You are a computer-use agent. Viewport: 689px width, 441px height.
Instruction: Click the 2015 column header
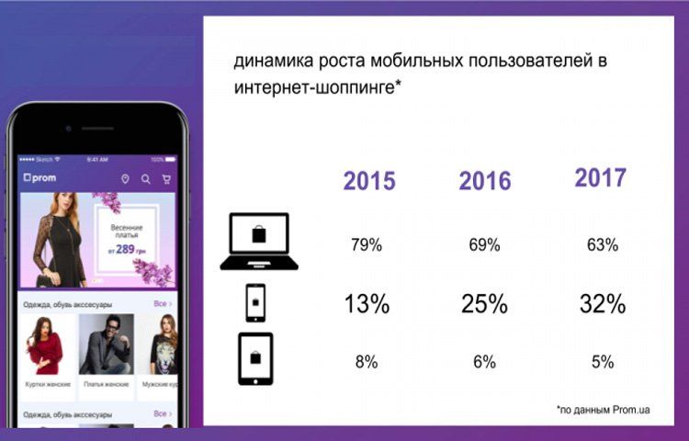pyautogui.click(x=369, y=181)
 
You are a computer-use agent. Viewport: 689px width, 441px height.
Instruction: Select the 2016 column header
pyautogui.click(x=484, y=181)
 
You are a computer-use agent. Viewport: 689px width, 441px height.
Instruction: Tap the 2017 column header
pyautogui.click(x=601, y=177)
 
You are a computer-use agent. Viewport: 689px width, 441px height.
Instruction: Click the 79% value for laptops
pyautogui.click(x=366, y=245)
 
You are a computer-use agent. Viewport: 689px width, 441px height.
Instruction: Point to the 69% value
pyautogui.click(x=483, y=245)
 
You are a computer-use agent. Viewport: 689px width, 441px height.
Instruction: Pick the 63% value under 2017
pyautogui.click(x=601, y=245)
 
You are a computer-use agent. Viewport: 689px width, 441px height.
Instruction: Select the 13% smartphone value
pyautogui.click(x=366, y=304)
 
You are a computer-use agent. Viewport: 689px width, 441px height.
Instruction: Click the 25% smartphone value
pyautogui.click(x=483, y=304)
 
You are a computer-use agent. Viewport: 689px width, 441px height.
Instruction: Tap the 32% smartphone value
pyautogui.click(x=602, y=304)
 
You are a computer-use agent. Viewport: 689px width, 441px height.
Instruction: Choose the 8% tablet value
pyautogui.click(x=366, y=362)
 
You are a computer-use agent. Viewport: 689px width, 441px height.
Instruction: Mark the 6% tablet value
pyautogui.click(x=483, y=362)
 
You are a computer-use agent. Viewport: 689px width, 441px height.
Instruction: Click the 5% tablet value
pyautogui.click(x=602, y=362)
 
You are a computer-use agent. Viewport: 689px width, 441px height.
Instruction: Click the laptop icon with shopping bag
pyautogui.click(x=259, y=241)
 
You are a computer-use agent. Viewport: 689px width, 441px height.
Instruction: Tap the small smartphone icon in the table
pyautogui.click(x=256, y=302)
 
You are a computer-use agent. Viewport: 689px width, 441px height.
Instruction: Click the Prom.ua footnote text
pyautogui.click(x=603, y=409)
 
